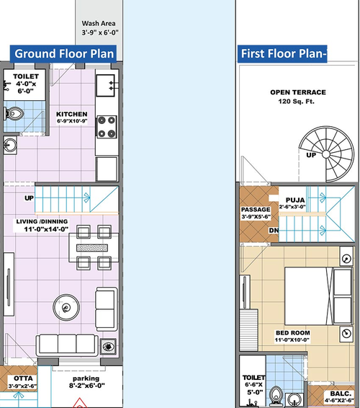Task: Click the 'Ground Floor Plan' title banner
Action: click(63, 54)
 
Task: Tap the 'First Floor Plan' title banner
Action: click(282, 54)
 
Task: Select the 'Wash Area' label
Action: click(99, 23)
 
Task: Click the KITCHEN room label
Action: click(72, 114)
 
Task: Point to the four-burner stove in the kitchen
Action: click(107, 127)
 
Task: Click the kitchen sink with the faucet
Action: click(106, 86)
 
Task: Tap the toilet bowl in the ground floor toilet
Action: click(14, 114)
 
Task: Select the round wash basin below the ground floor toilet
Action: click(10, 145)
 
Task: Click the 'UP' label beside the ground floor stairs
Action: click(29, 198)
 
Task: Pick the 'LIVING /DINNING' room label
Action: click(42, 222)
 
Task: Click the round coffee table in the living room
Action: click(66, 308)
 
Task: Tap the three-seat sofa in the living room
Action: click(67, 345)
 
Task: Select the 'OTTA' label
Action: click(23, 378)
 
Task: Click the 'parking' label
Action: click(86, 378)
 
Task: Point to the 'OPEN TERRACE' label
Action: click(298, 92)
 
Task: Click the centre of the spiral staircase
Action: click(326, 154)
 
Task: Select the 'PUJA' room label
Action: click(295, 200)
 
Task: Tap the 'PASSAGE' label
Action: click(256, 210)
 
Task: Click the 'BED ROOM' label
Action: click(292, 333)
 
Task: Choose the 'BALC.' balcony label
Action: click(341, 394)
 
